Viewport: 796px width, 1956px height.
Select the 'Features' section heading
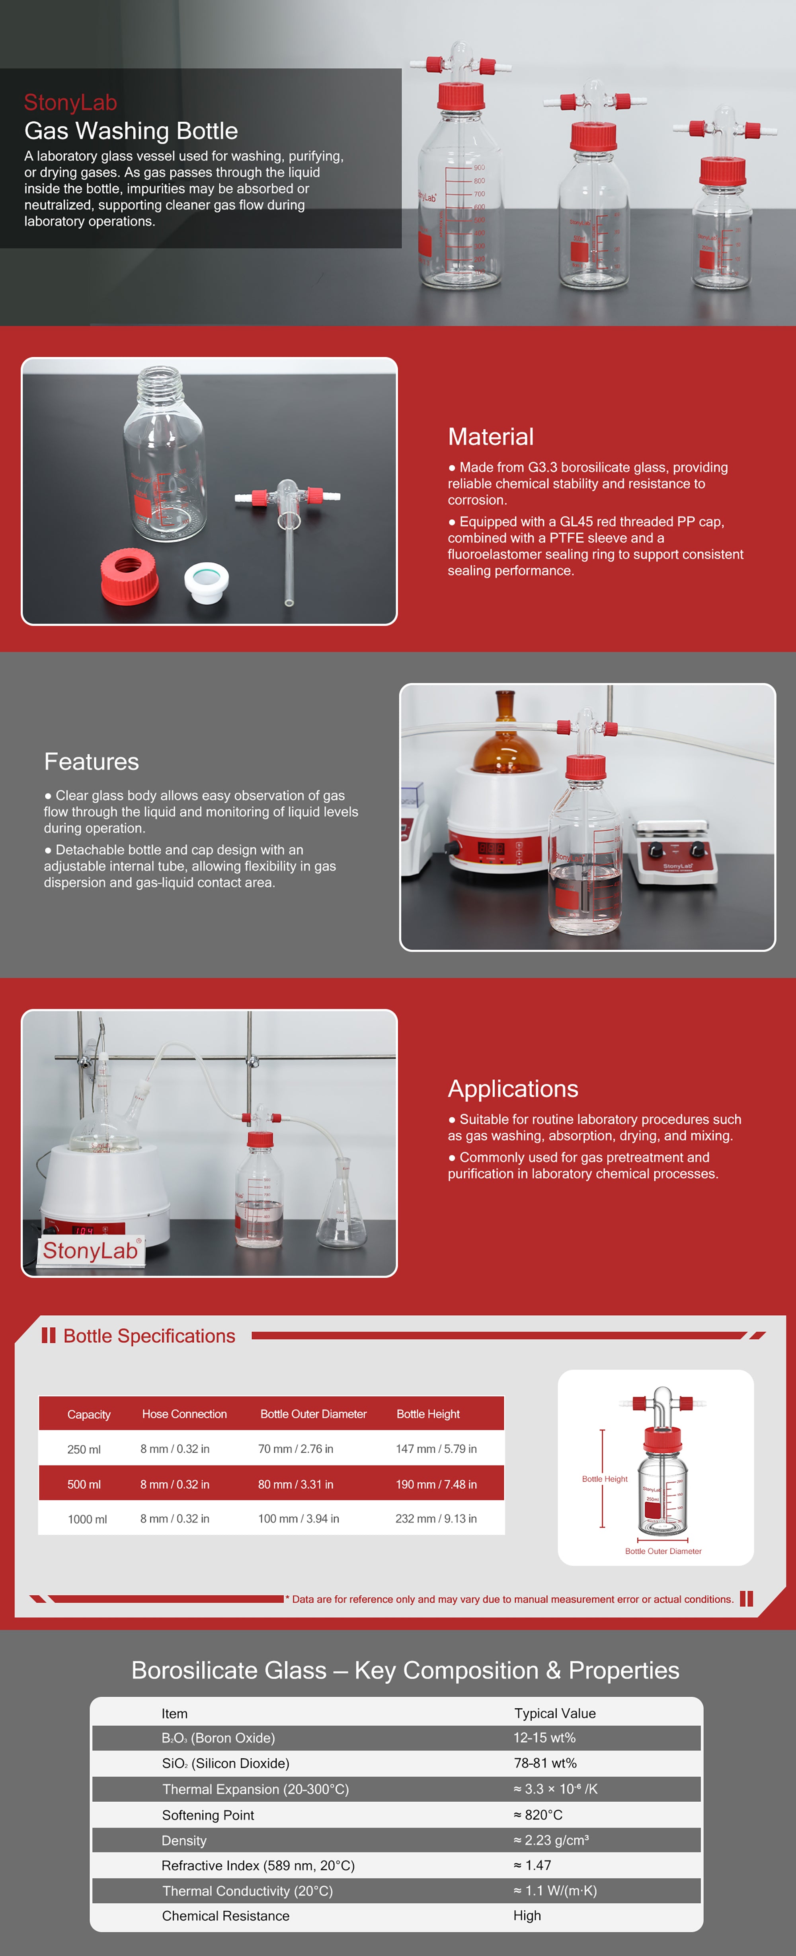coord(91,762)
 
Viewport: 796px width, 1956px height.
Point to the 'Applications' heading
coord(513,1089)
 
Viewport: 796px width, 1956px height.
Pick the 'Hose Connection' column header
coord(185,1414)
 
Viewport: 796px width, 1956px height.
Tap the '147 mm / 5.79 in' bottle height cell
coord(436,1449)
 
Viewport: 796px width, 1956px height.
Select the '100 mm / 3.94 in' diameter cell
coord(298,1519)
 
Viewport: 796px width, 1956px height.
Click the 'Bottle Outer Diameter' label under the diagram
coord(663,1551)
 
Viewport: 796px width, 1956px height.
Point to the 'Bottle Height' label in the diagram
coord(605,1479)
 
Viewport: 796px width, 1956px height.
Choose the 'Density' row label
coord(184,1841)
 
